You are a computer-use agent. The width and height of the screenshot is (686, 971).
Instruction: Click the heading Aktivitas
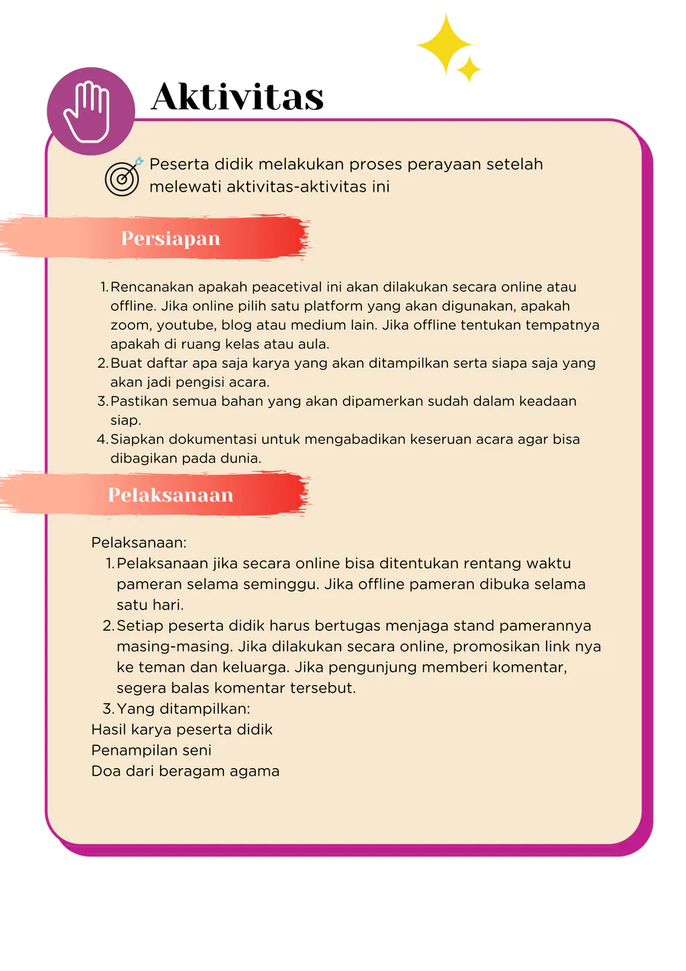pos(237,98)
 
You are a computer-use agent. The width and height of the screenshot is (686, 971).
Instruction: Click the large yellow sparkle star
pos(444,43)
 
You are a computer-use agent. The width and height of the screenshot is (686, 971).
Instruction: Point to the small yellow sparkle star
pos(469,69)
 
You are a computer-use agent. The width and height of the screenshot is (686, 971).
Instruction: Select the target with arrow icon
pos(123,176)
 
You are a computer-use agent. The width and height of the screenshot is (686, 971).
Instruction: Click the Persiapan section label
pos(171,239)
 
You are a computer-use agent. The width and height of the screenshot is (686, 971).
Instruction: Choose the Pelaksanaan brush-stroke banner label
pos(170,495)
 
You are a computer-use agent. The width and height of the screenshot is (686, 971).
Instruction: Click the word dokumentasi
pos(202,440)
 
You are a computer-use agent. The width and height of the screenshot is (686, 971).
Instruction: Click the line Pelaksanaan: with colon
pos(139,543)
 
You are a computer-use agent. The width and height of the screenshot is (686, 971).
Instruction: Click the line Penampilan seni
pos(151,751)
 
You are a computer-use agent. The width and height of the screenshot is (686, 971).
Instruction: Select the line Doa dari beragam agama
pos(185,771)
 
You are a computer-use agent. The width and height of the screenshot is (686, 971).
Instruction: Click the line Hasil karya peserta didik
pos(181,730)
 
